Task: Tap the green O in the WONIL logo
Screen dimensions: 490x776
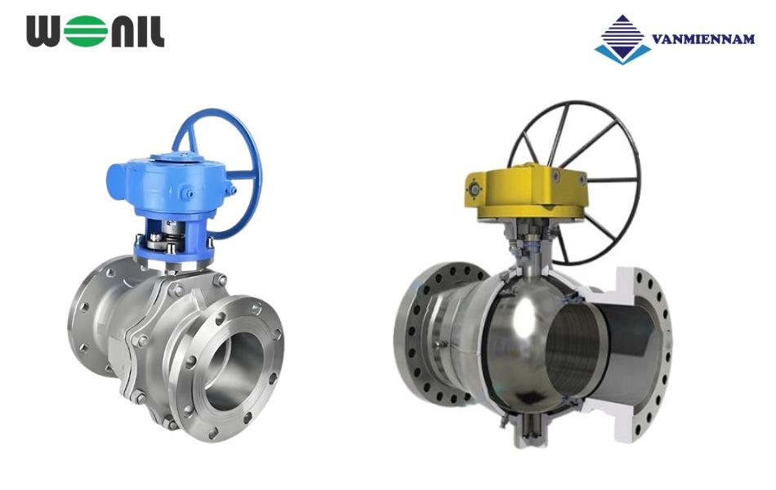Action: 83,32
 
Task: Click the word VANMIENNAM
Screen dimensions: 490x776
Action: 702,38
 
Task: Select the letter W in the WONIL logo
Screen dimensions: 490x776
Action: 47,32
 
